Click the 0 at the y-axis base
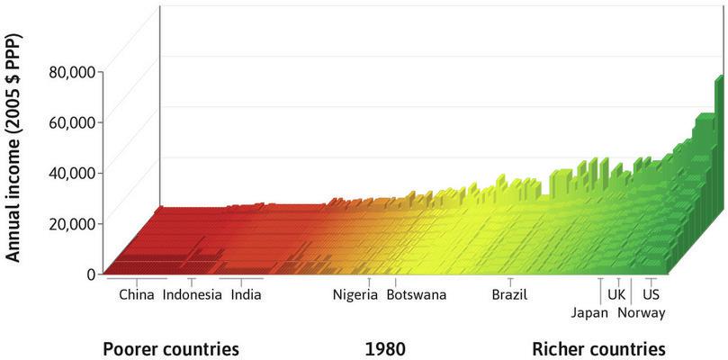(x=91, y=274)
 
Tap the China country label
(x=136, y=294)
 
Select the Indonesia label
(x=192, y=294)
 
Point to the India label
(x=246, y=294)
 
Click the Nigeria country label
(x=355, y=294)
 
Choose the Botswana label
(x=416, y=294)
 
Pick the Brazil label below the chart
(x=509, y=294)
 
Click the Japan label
(x=589, y=312)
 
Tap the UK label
(x=616, y=294)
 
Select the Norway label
(x=641, y=312)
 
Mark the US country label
(x=652, y=294)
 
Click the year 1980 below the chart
(x=385, y=348)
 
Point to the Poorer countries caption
(x=171, y=348)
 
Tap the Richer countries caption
(x=598, y=348)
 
